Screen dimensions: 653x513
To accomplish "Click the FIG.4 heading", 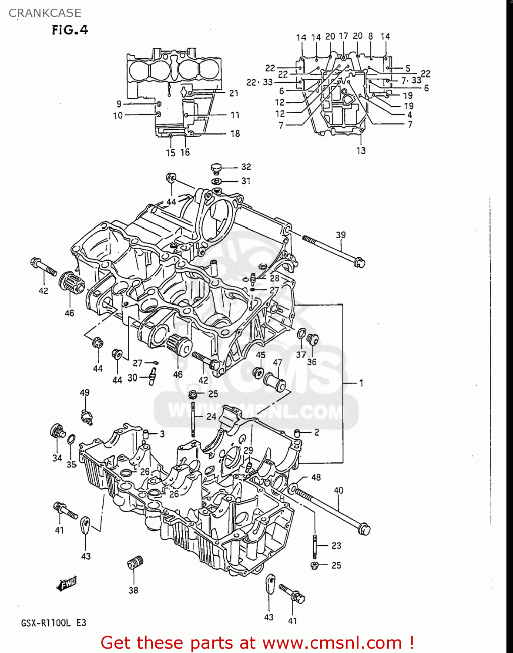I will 70,30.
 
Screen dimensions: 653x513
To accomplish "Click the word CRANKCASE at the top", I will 45,13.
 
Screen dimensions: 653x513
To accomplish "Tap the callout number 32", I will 246,167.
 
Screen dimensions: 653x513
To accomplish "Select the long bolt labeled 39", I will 333,251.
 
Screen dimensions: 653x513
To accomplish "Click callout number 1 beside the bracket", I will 361,383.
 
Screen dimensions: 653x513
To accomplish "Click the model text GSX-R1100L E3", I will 54,623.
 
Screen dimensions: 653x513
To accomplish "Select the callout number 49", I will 84,393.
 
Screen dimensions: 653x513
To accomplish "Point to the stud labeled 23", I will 315,546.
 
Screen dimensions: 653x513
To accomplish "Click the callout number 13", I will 361,151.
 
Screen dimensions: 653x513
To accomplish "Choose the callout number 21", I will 234,93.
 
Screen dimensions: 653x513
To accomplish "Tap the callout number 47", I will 278,362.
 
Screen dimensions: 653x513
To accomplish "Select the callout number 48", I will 316,477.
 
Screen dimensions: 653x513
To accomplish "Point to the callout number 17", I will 343,36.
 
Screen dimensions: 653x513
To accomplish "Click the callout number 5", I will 408,68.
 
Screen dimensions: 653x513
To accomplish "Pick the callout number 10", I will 118,116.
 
